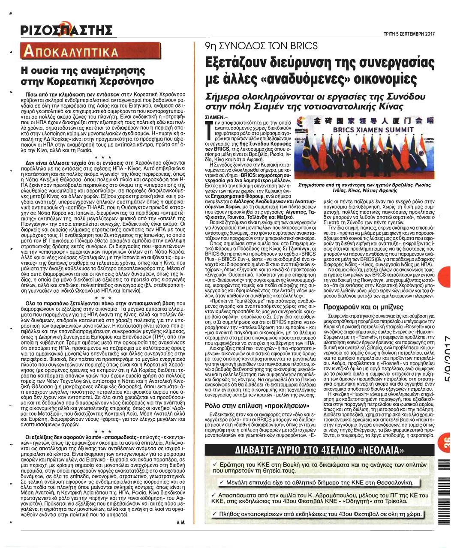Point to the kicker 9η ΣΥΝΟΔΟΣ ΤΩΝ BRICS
[x=256, y=46]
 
